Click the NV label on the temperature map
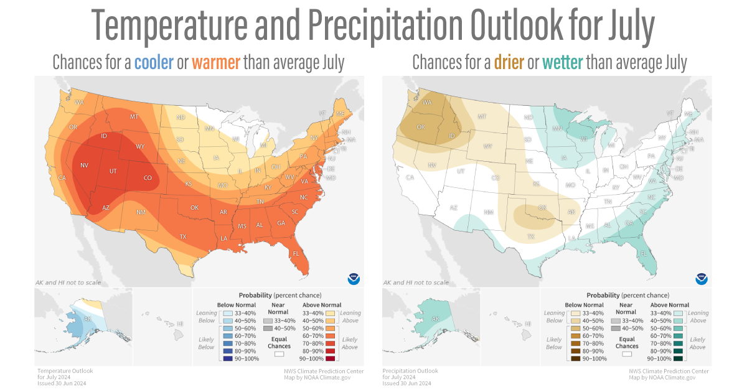pos(84,166)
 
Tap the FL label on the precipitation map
pos(644,254)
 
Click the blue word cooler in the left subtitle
pos(154,62)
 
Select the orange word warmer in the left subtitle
pos(216,62)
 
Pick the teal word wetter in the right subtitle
pos(563,62)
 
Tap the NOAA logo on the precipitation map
pos(702,278)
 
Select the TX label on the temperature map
pos(183,236)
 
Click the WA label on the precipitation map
pos(427,103)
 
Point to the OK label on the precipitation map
pos(542,207)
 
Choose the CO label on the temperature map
pos(148,178)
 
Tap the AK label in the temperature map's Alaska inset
pos(88,319)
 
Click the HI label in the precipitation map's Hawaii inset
pos(528,324)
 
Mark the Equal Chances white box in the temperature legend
pos(280,353)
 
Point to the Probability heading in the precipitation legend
pos(602,294)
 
